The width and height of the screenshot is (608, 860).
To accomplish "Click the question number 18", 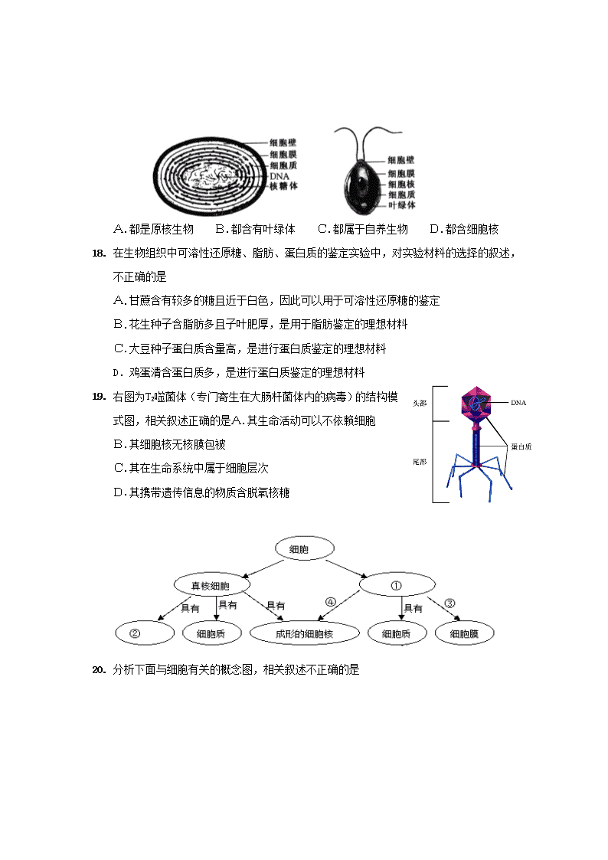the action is [99, 253].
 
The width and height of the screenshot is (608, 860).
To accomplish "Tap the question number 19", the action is [99, 396].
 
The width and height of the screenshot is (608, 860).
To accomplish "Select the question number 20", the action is [99, 669].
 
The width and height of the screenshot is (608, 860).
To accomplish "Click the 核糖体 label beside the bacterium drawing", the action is [283, 186].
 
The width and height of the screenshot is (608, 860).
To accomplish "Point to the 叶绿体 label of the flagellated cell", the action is [402, 204].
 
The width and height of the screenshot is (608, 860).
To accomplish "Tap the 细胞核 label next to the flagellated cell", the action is [401, 184].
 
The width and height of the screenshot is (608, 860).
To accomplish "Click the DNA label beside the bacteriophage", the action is [518, 403].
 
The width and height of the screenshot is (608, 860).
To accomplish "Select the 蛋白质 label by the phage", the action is [521, 446].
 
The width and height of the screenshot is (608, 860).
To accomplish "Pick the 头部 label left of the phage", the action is [420, 403].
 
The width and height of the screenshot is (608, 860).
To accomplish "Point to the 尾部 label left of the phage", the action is [420, 462].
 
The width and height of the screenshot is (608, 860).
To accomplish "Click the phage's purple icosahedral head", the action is [476, 405].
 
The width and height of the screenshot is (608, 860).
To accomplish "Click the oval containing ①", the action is [397, 585].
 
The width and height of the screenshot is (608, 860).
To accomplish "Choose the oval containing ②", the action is [145, 633].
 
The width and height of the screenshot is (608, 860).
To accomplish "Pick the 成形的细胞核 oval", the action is [304, 633].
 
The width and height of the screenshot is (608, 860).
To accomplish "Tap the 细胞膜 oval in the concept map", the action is [464, 633].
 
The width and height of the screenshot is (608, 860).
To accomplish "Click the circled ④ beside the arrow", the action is [331, 602].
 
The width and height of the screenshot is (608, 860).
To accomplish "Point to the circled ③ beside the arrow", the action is [449, 603].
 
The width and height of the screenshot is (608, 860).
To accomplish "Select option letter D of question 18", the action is [116, 373].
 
